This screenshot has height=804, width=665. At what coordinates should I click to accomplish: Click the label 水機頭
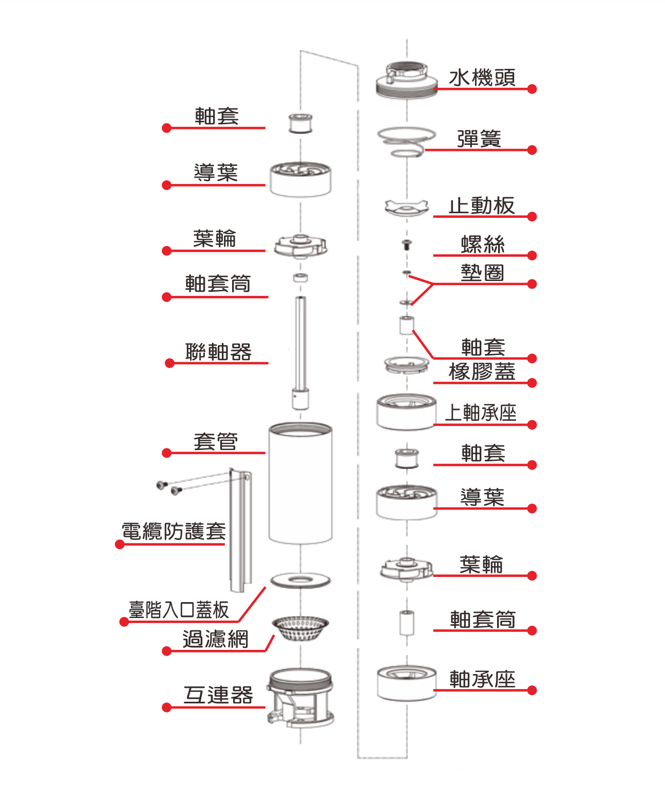click(482, 78)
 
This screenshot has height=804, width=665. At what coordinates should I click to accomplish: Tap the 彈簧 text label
click(479, 139)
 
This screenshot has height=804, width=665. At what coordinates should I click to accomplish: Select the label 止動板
click(481, 206)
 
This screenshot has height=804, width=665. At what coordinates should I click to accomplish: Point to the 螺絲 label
click(483, 245)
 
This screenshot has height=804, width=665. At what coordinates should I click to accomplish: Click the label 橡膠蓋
click(482, 371)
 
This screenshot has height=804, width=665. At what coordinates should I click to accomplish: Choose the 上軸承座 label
click(481, 413)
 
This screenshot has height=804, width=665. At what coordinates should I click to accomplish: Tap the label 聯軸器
click(218, 352)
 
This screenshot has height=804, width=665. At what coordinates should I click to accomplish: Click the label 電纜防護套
click(174, 532)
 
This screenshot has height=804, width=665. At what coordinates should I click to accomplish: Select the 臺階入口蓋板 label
click(178, 610)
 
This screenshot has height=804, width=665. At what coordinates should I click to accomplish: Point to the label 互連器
click(218, 695)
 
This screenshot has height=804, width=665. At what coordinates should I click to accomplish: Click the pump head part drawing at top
click(407, 80)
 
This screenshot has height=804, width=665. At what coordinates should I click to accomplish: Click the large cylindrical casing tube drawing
click(300, 483)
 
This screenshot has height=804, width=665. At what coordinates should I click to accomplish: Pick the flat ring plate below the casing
click(300, 581)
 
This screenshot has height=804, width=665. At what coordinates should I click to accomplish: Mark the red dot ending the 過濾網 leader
click(166, 651)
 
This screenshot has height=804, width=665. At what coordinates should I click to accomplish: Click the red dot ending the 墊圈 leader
click(532, 284)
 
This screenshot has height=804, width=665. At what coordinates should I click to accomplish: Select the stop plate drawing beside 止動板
click(406, 208)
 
